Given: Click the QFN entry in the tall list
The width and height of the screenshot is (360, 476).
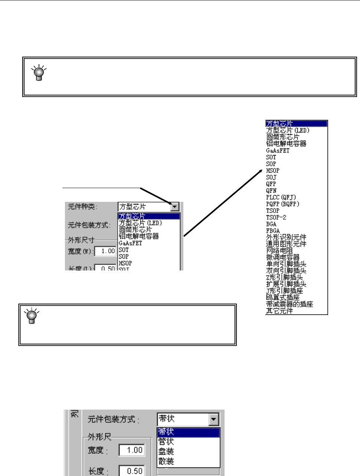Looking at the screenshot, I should click(271, 191).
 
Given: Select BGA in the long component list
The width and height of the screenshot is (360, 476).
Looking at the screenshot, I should click(271, 224).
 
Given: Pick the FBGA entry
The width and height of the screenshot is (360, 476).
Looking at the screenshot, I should click(273, 231).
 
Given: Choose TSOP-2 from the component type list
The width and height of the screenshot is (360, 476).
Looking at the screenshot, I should click(276, 217).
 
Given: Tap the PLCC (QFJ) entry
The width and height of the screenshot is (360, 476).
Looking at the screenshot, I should click(281, 197).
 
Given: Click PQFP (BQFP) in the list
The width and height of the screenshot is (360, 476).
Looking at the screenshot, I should click(282, 204).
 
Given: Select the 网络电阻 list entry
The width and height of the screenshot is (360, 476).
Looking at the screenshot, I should click(279, 251).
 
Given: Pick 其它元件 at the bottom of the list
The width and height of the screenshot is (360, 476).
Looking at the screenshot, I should click(279, 311).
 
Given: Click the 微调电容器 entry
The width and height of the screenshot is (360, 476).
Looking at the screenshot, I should click(283, 257).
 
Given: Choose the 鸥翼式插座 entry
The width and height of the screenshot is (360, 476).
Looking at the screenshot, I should click(283, 298).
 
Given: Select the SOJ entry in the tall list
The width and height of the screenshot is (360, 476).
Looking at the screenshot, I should click(271, 177).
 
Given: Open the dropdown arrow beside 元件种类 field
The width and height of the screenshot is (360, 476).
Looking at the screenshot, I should click(175, 207).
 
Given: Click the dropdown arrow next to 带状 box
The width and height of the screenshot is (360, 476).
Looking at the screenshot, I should click(213, 420).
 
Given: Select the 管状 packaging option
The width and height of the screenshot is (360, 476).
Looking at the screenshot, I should click(166, 441).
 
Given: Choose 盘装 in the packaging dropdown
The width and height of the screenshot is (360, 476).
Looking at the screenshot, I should click(166, 452).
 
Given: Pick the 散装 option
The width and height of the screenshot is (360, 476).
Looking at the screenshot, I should click(166, 462).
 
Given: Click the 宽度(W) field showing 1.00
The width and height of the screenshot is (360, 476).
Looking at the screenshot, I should click(105, 251).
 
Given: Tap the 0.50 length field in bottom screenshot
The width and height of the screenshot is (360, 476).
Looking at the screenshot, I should click(132, 471).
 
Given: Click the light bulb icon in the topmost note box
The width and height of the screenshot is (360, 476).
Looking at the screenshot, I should click(39, 73).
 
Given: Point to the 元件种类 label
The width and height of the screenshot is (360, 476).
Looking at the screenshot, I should click(82, 207).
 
